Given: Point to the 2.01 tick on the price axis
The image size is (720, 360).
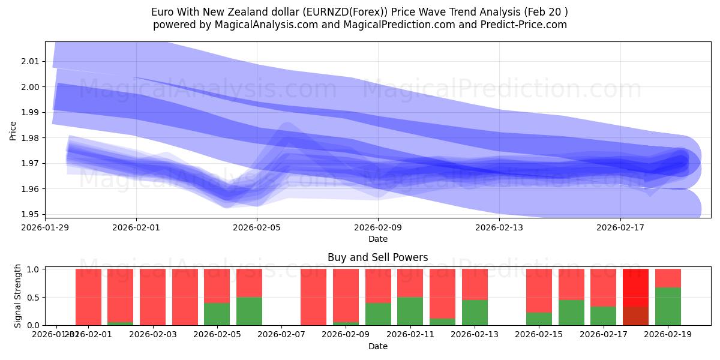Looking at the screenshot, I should (x=30, y=61).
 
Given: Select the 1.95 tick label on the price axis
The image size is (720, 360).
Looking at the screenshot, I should (x=30, y=214).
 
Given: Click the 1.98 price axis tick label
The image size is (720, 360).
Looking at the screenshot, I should (x=30, y=138).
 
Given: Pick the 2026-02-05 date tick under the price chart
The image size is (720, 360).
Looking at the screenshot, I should (x=257, y=228).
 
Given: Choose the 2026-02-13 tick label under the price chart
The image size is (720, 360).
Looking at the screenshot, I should (x=499, y=228).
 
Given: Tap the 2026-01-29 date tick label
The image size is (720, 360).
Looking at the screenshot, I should (x=45, y=228).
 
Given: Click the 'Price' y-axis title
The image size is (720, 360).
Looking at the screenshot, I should (x=13, y=130).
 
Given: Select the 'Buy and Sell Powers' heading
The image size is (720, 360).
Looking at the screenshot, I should (x=377, y=257).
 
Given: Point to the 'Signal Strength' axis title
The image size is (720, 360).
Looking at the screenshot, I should (x=18, y=295).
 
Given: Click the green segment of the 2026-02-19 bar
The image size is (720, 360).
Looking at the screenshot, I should (x=668, y=306).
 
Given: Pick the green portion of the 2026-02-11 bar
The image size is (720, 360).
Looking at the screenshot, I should (x=410, y=311).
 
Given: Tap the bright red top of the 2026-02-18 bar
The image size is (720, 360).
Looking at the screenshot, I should (x=635, y=287).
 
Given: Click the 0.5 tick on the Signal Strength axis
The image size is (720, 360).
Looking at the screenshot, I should (x=32, y=297).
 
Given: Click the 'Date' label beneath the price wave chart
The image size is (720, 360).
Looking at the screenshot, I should (x=377, y=239).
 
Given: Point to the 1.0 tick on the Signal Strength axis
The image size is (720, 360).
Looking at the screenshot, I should (x=32, y=269).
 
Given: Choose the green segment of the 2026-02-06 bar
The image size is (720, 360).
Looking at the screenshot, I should (x=249, y=311).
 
